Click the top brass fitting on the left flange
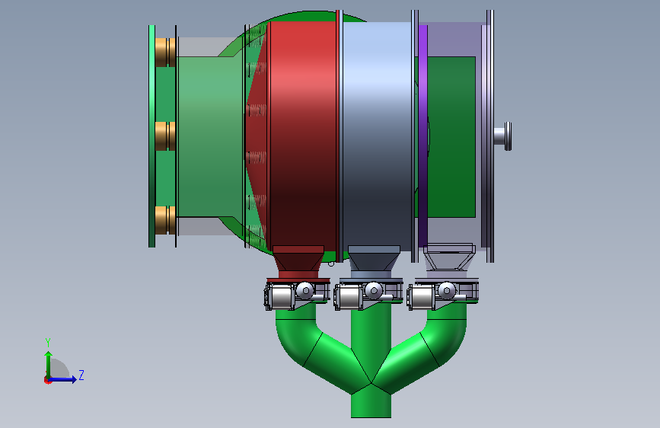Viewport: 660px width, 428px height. [165, 53]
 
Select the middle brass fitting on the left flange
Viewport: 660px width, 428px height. [165, 136]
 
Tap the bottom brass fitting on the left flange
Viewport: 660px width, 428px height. [165, 220]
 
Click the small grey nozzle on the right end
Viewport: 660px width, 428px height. [502, 136]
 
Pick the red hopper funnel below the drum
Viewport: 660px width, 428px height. [298, 261]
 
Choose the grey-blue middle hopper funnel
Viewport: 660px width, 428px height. [374, 261]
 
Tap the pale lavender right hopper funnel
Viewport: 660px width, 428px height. [449, 261]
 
